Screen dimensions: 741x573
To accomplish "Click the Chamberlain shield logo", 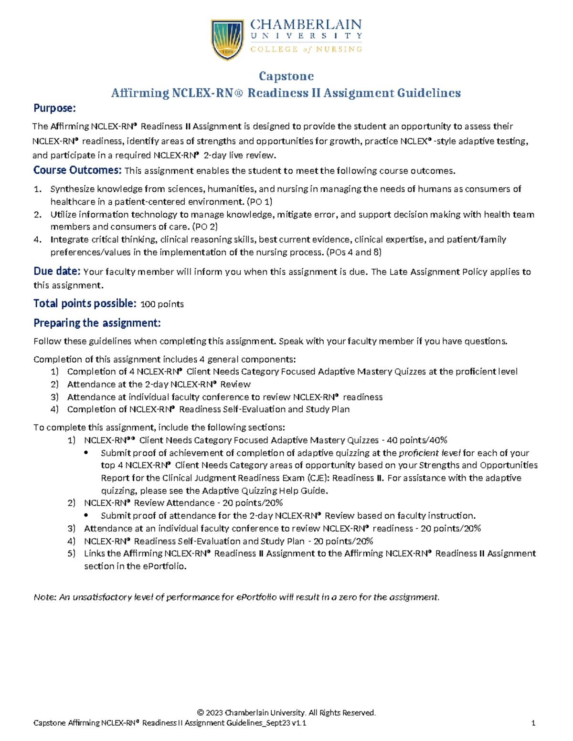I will [228, 39].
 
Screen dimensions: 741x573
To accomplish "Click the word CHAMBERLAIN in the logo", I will [306, 25].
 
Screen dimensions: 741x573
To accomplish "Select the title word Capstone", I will [286, 76].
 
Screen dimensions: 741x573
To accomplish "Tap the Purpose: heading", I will [54, 108].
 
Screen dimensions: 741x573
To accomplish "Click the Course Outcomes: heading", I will [77, 170].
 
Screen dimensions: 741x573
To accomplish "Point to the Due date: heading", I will [57, 271].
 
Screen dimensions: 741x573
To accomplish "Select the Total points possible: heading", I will [85, 303].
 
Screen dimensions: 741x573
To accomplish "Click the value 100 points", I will [162, 304].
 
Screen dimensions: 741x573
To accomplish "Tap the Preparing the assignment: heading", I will [97, 323].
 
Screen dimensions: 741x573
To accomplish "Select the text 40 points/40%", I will [416, 440].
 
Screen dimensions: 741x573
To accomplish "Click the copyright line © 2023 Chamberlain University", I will [286, 712].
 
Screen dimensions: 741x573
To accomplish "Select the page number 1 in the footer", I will [533, 723].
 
